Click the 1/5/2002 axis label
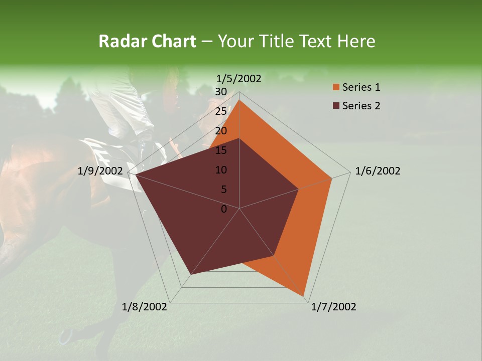coord(239,78)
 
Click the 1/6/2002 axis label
coord(378,171)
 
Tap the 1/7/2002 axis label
coord(333,307)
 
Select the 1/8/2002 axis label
coord(145,307)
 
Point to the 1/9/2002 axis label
coord(100,171)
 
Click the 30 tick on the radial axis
coord(221,92)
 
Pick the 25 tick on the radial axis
coord(221,111)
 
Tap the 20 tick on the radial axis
coord(221,131)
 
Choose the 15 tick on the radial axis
coord(221,150)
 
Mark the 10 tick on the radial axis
coord(221,170)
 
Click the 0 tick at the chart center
coord(224,209)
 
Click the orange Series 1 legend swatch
coord(336,87)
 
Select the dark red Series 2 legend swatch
coord(336,106)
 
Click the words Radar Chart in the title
coord(147,42)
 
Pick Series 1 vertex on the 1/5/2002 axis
coord(239,100)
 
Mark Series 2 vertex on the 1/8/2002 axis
coord(191,274)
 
